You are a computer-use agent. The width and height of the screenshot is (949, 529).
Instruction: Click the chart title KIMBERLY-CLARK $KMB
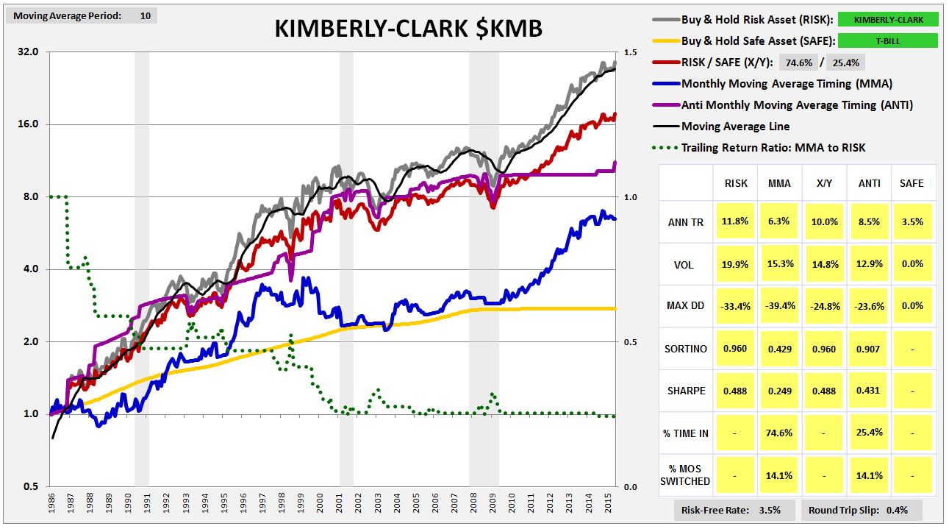(409, 29)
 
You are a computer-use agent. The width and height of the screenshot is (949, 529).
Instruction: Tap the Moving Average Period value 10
(146, 16)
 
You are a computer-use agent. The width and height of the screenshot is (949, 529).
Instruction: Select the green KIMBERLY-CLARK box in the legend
(888, 20)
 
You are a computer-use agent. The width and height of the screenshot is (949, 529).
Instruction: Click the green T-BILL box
(888, 41)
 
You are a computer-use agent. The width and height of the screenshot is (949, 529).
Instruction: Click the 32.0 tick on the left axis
(28, 52)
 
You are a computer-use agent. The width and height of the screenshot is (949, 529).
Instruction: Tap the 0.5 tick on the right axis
(630, 342)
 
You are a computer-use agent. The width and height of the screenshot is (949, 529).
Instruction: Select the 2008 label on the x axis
(473, 503)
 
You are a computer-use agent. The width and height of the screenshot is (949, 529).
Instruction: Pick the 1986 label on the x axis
(51, 503)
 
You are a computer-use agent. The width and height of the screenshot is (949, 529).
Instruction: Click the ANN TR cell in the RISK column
(735, 221)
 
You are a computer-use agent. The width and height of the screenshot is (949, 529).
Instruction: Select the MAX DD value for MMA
(779, 305)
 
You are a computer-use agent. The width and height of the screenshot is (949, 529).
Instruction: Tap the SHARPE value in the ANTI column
(868, 390)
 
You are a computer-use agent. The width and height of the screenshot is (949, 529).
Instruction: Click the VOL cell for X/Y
(825, 264)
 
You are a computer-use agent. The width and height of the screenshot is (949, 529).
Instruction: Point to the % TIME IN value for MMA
(779, 433)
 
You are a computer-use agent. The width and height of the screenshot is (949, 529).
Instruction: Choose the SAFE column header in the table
(912, 183)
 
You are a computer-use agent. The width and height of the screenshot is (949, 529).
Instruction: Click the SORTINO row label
(686, 349)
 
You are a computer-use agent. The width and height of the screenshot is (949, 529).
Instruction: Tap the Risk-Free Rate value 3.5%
(770, 510)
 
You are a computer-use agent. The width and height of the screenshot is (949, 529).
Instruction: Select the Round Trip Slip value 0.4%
(897, 510)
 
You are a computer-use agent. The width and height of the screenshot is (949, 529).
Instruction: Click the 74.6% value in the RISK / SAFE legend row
(798, 63)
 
